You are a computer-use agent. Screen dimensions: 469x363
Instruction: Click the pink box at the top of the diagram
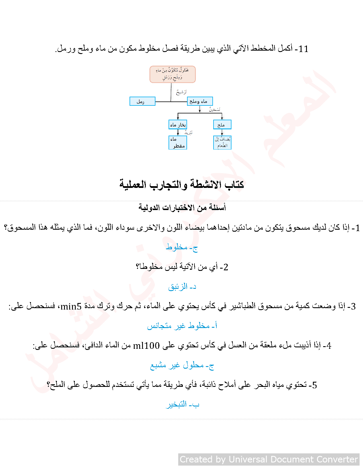point(173,74)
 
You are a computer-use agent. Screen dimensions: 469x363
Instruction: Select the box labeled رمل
point(142,101)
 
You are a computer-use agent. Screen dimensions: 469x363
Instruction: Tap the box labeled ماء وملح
point(200,101)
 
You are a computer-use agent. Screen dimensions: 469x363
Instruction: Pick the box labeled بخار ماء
point(178,124)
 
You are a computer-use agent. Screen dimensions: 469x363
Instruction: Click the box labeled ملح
point(222,124)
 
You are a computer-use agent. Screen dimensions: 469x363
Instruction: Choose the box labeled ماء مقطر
point(178,142)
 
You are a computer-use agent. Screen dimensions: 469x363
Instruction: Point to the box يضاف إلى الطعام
point(222,142)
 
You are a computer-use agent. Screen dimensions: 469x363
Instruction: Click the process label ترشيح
point(181,92)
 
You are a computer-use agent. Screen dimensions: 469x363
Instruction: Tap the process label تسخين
point(215,109)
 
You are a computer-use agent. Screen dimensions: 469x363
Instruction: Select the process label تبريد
point(188,132)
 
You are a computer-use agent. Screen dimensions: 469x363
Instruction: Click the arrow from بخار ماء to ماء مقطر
point(178,132)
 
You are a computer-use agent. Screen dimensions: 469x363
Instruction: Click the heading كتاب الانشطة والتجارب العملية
point(182,184)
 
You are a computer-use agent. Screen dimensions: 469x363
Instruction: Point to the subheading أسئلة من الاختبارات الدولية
point(182,207)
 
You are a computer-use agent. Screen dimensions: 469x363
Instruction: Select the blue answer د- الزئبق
point(182,287)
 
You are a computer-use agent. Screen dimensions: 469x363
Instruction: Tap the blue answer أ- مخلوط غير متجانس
point(182,326)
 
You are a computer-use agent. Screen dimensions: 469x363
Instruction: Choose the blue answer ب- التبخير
point(182,404)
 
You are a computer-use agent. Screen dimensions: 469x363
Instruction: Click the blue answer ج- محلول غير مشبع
point(182,365)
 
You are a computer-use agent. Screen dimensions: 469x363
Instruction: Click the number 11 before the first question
point(303,49)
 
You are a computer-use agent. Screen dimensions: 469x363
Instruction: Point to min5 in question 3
point(71,306)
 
